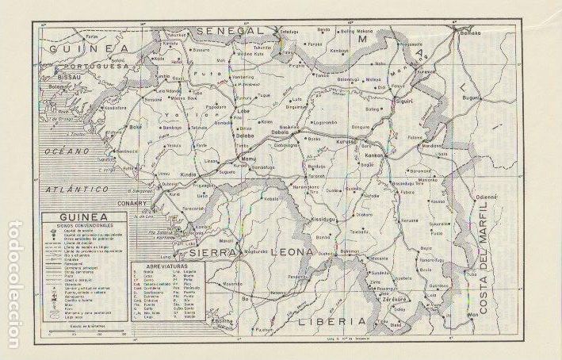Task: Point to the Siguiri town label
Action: click(x=405, y=101)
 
